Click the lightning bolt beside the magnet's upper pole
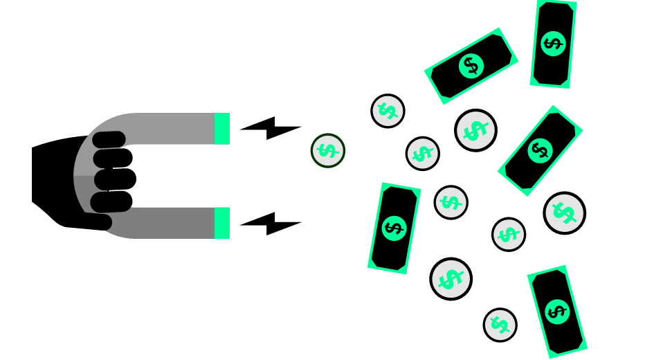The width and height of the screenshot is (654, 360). (x=270, y=127)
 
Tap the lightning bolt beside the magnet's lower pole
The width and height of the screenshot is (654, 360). (x=270, y=223)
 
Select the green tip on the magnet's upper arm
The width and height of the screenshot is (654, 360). (x=221, y=128)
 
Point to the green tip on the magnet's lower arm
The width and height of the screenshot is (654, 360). (x=221, y=223)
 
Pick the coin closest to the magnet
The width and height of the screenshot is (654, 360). (x=327, y=150)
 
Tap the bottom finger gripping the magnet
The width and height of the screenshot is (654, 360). (x=111, y=202)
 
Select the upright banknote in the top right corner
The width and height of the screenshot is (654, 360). (x=553, y=44)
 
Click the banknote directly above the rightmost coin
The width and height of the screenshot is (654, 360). (x=540, y=150)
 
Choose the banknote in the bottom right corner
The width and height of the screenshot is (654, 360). (x=556, y=311)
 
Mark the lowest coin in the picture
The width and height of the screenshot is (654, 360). (x=500, y=325)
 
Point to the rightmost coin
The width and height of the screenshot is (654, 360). (x=564, y=213)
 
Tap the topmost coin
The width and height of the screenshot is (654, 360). (x=388, y=111)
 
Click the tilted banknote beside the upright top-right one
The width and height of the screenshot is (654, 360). (x=471, y=66)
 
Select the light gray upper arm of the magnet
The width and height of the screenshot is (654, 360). (x=173, y=128)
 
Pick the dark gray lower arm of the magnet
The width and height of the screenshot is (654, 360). (x=173, y=223)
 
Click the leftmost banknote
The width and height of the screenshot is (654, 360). (x=394, y=228)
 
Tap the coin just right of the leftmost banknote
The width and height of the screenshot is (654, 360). (x=451, y=202)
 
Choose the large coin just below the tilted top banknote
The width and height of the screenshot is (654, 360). (x=475, y=130)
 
